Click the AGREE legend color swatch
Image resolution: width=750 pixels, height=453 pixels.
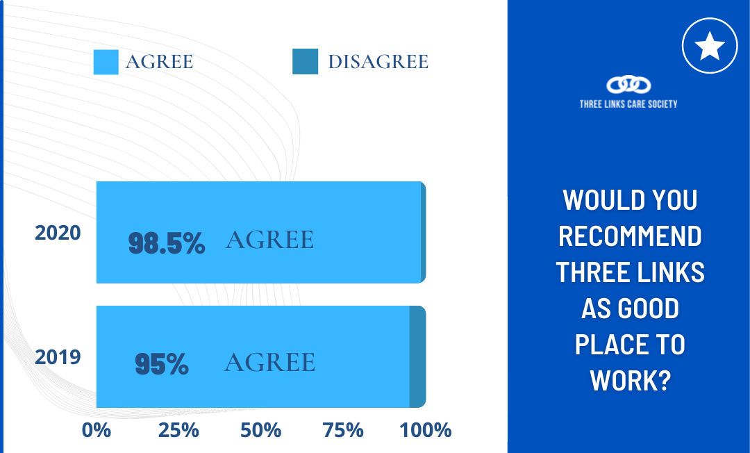[106, 63]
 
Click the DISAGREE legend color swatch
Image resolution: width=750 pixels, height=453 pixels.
[305, 62]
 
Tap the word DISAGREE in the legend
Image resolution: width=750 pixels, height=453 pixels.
[378, 62]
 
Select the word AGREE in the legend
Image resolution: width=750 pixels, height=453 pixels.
[159, 62]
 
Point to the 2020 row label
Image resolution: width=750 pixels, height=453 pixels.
[58, 233]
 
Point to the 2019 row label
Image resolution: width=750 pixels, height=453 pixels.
[58, 357]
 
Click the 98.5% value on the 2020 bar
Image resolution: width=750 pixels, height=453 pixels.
[167, 243]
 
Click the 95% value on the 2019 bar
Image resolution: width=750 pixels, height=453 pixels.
[162, 364]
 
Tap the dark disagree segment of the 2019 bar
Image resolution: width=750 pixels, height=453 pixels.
[417, 357]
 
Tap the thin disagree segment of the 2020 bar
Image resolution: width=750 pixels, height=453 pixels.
[424, 233]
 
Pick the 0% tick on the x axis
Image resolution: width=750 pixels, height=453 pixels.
[97, 430]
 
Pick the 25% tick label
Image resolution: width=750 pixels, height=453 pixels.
[178, 430]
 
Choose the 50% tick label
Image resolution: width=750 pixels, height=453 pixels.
[260, 430]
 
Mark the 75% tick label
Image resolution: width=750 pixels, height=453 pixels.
[343, 430]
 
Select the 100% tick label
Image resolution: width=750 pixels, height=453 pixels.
[426, 430]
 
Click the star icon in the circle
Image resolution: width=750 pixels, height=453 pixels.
[710, 46]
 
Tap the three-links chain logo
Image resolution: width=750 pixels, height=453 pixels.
[628, 85]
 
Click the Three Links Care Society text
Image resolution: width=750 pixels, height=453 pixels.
[628, 104]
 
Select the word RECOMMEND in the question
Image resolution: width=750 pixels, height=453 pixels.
[630, 236]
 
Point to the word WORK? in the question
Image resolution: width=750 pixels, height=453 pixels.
[630, 381]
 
